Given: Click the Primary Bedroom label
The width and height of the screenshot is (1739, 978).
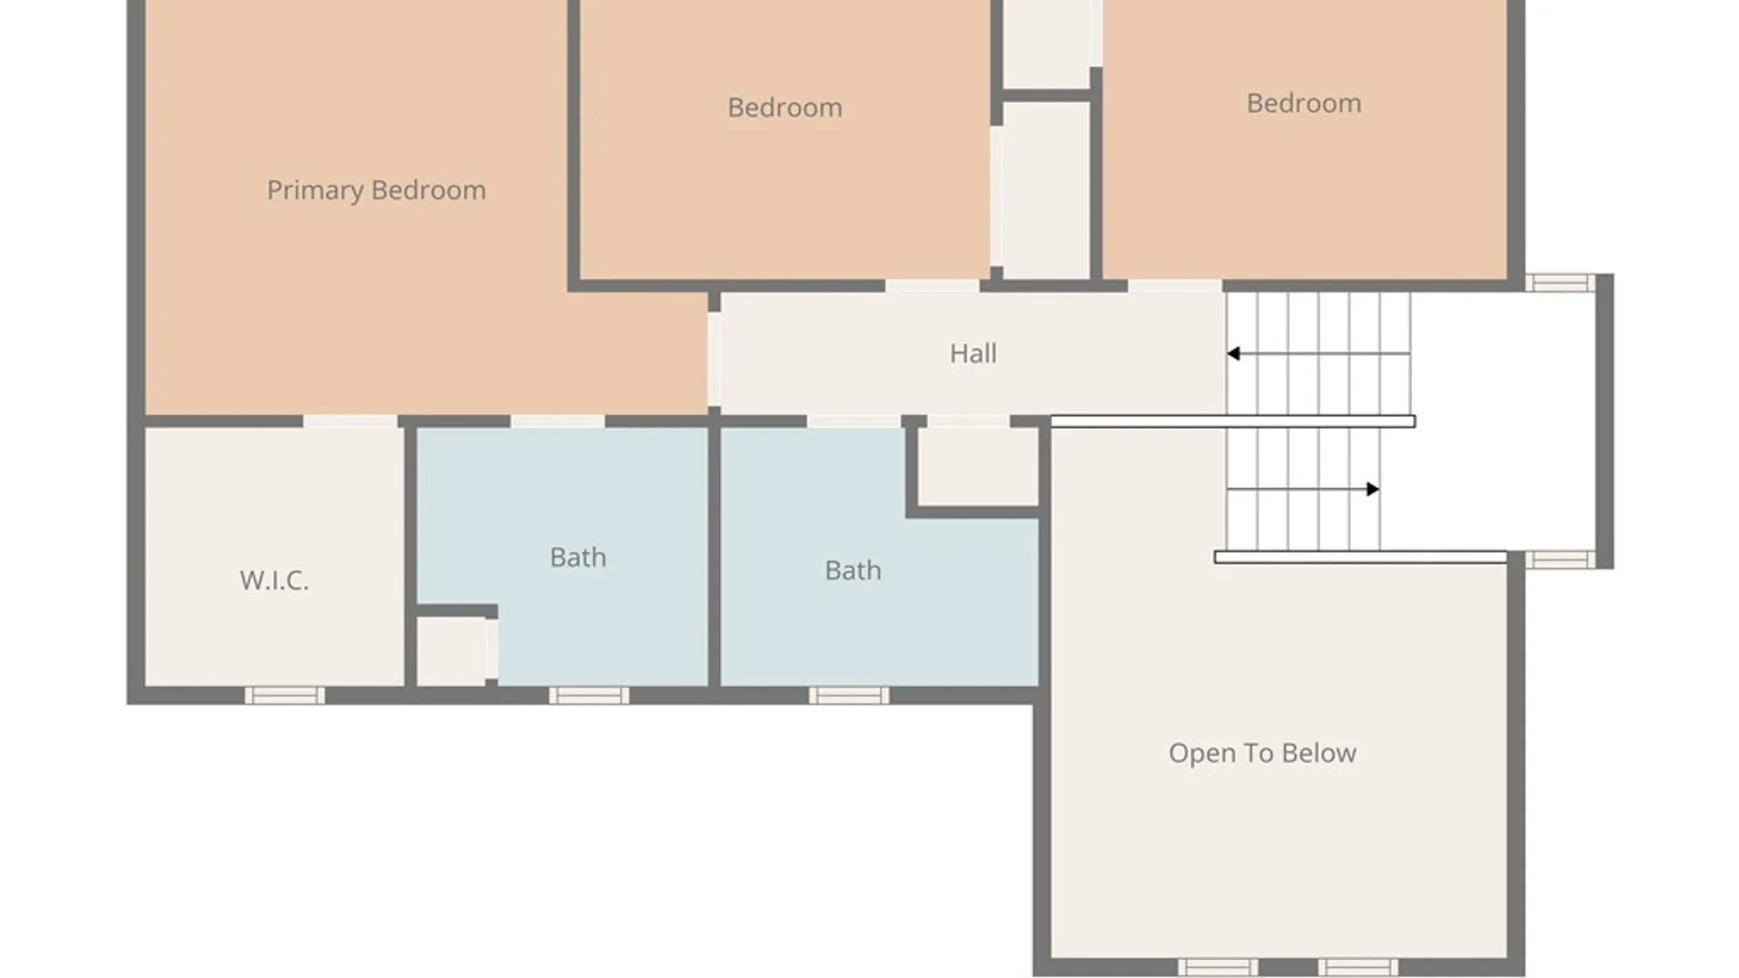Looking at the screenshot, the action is tap(376, 190).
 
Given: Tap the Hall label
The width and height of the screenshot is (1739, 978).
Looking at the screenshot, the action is tap(973, 353).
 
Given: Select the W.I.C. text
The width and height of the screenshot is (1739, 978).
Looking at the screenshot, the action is tap(274, 580).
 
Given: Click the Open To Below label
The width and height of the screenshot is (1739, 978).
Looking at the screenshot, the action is tap(1262, 753).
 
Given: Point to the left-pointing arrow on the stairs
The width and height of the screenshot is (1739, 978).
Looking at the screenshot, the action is tap(1318, 353).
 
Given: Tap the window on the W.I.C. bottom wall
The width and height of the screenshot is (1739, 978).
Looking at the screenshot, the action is tap(284, 695).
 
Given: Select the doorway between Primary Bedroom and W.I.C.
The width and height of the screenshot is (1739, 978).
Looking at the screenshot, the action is tap(350, 421).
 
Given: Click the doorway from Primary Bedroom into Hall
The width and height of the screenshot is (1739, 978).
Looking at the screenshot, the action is tap(714, 359).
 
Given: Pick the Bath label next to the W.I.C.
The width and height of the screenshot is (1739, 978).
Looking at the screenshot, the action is tap(578, 557).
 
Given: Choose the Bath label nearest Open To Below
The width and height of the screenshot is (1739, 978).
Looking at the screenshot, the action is tap(852, 570).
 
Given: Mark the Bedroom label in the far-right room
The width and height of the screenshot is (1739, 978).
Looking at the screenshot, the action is tap(1303, 103).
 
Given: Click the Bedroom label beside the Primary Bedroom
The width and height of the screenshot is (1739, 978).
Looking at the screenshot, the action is tap(784, 108).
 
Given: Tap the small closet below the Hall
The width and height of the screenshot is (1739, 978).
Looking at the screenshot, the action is tap(978, 466).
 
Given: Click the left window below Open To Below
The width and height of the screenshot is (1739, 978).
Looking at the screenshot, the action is tap(1217, 967).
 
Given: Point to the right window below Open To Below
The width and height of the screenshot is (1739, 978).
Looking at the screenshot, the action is tap(1357, 967).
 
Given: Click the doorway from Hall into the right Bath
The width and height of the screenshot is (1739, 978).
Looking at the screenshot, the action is tap(853, 421).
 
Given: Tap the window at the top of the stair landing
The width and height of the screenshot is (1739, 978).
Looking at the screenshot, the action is tap(1560, 283).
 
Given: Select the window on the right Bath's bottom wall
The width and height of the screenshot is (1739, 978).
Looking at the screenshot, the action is tap(849, 695).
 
